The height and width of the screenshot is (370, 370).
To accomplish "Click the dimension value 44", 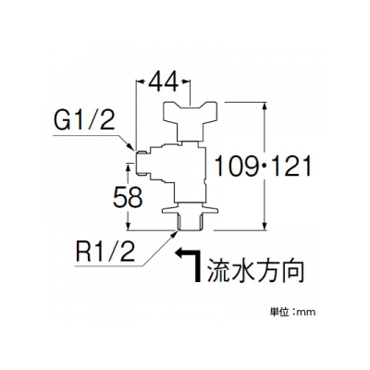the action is pos(164,81).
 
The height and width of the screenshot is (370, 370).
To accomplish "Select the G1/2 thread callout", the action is pos(84,120).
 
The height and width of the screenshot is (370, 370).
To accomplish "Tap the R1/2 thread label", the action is pos(105,251).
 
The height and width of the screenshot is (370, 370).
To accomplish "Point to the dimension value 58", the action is pos(128,197).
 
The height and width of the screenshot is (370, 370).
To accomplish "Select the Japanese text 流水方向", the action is pos(255,270).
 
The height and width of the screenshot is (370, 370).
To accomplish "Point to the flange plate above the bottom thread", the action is pos(191,210).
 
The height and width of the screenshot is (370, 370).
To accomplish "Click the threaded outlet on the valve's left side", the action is pos(143,163).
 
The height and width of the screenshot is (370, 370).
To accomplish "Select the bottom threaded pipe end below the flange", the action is pos(191,222).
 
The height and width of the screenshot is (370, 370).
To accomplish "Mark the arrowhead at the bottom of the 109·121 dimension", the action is pos(265,225).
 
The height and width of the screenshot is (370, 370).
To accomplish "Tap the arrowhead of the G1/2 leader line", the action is pos(130,147).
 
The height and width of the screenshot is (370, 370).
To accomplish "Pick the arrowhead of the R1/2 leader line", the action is pos(174,233).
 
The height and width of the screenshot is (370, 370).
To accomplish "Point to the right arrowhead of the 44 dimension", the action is pos(185,81).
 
